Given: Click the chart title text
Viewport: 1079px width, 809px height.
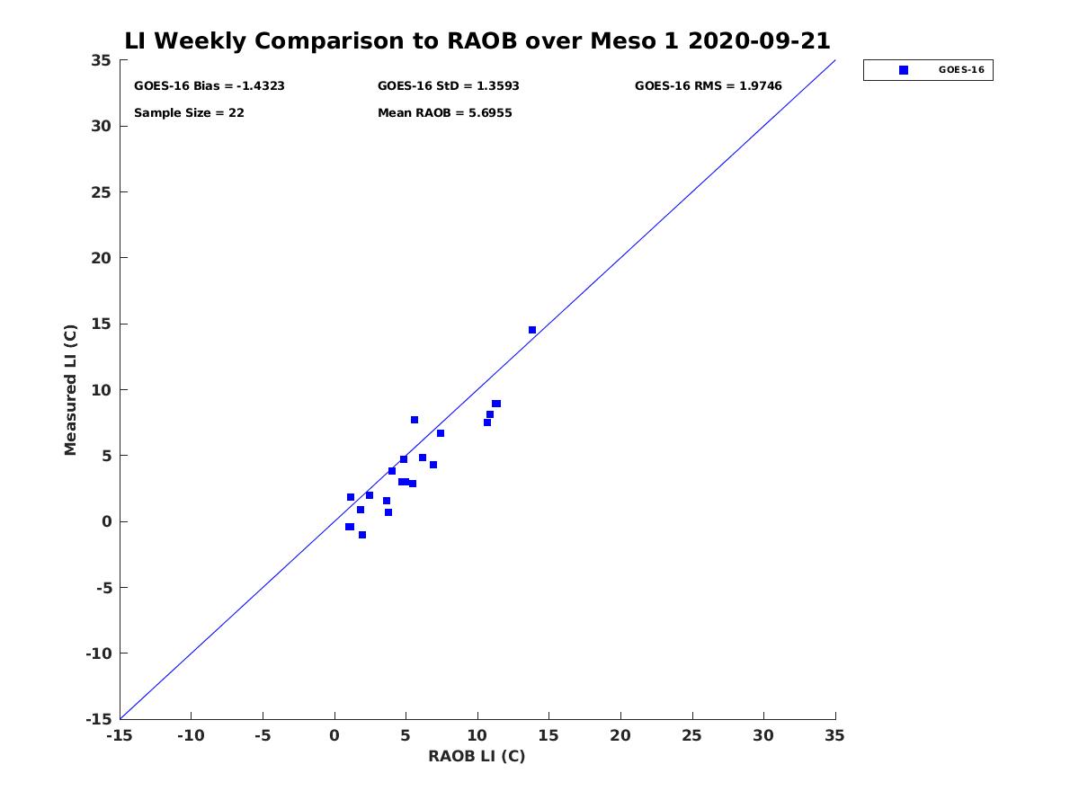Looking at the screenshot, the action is click(x=477, y=40).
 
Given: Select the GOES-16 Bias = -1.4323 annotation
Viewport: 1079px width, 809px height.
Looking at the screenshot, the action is click(x=209, y=86).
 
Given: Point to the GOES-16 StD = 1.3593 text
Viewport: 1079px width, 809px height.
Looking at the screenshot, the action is click(x=448, y=86).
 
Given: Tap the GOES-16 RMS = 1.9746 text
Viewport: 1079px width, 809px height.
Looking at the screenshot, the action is click(x=708, y=86).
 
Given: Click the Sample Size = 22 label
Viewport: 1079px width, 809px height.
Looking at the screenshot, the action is click(x=189, y=113).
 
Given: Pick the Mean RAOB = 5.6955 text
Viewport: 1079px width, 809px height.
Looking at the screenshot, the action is click(x=444, y=113).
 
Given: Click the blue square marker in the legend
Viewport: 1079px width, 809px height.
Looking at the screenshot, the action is click(x=903, y=70).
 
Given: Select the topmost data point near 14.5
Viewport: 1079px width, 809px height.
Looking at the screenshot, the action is click(x=532, y=330).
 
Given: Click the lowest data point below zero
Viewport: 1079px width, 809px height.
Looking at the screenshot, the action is click(x=361, y=535).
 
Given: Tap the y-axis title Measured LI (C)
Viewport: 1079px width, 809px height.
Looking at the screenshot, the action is click(x=70, y=390).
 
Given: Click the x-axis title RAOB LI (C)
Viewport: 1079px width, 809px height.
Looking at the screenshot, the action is click(x=477, y=756).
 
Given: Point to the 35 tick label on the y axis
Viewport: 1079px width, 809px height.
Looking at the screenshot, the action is click(x=101, y=60).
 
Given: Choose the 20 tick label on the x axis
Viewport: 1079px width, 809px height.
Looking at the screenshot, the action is click(x=620, y=735).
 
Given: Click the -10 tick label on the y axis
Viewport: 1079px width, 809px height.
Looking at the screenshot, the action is click(x=99, y=653).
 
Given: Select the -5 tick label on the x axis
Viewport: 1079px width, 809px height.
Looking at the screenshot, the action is click(x=263, y=735).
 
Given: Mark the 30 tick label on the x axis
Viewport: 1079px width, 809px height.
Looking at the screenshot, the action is click(x=762, y=735).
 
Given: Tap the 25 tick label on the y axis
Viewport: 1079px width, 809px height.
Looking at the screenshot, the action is click(x=101, y=192).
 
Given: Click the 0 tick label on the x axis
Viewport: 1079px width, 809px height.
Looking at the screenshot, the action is click(x=334, y=735).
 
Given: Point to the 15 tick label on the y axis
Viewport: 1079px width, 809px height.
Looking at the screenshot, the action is click(x=101, y=324).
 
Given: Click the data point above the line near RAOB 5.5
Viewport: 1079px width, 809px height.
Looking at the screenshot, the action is click(x=415, y=420).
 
